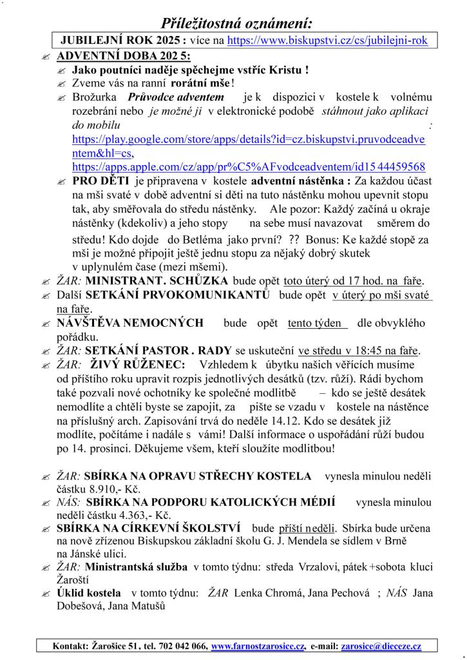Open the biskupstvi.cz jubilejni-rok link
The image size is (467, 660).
(328, 40)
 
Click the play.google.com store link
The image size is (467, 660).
(251, 139)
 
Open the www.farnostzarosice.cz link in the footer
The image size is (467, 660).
(258, 646)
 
